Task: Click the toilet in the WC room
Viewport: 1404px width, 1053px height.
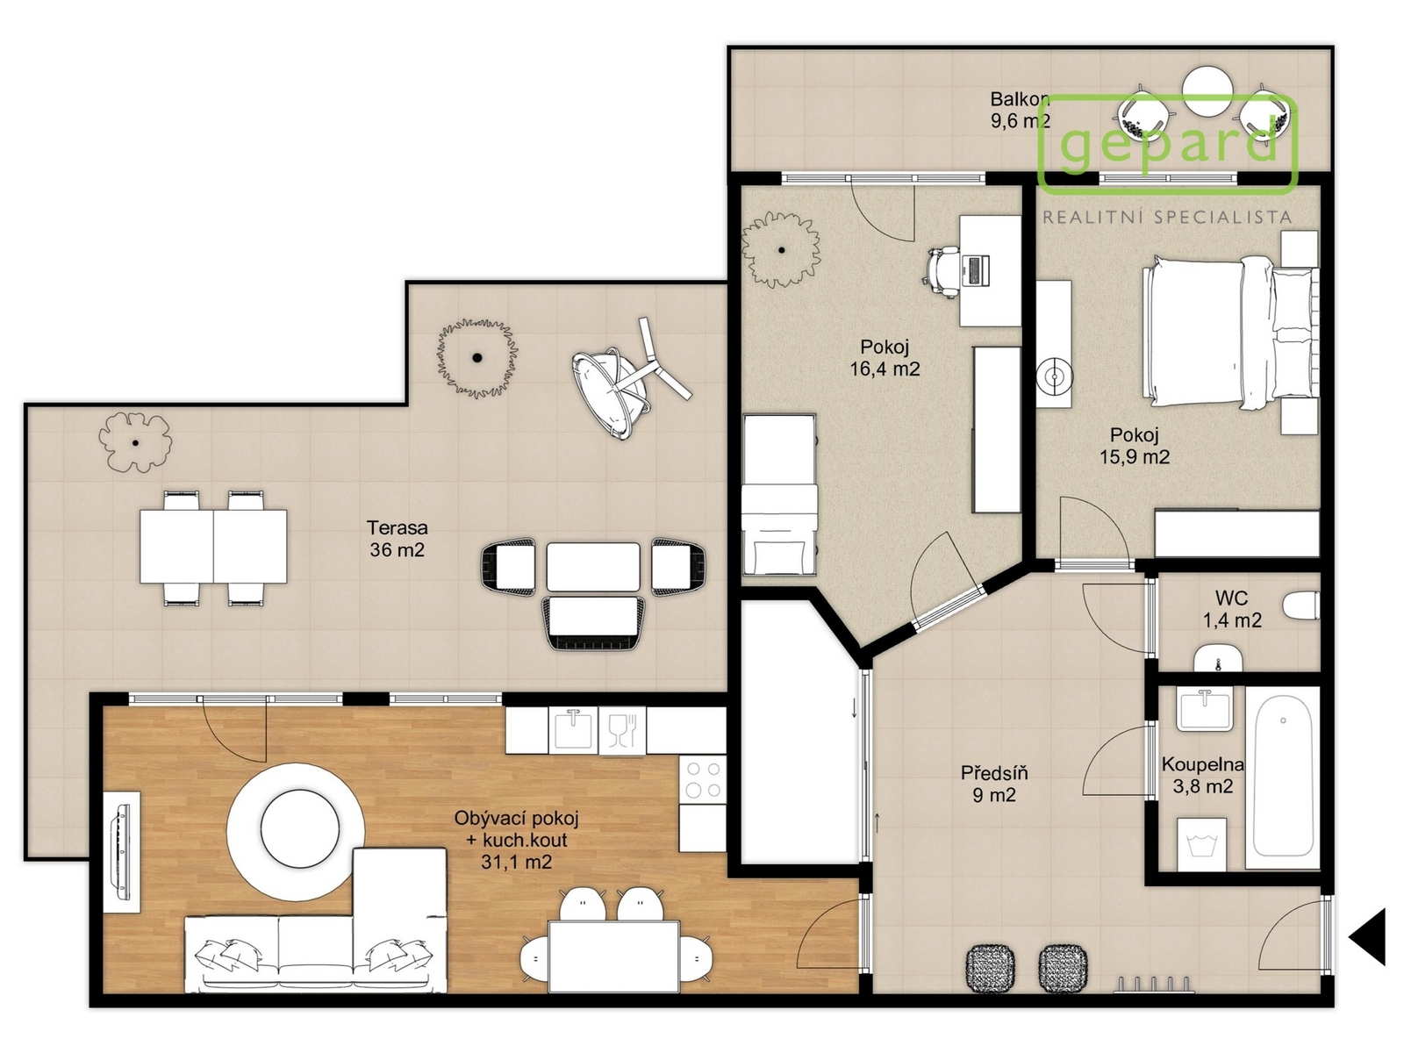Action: pyautogui.click(x=1300, y=605)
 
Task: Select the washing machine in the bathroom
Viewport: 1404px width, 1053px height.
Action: pyautogui.click(x=1202, y=844)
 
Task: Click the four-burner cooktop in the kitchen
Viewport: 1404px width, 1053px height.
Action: pyautogui.click(x=702, y=779)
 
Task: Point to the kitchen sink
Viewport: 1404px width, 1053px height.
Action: pyautogui.click(x=573, y=729)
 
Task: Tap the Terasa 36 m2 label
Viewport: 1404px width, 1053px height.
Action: pyautogui.click(x=398, y=538)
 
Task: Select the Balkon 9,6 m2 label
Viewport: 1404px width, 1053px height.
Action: pyautogui.click(x=1020, y=110)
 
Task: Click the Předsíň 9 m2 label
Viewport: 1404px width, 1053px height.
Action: pyautogui.click(x=994, y=784)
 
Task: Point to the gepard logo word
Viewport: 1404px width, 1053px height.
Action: pyautogui.click(x=1169, y=143)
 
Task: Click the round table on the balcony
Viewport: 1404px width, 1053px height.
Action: pyautogui.click(x=1207, y=92)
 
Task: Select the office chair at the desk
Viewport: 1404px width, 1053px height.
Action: pyautogui.click(x=942, y=272)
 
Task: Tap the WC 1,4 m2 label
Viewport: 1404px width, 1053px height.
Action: pyautogui.click(x=1232, y=609)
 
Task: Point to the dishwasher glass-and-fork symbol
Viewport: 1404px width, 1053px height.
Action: pyautogui.click(x=622, y=729)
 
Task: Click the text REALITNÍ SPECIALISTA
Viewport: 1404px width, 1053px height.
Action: pyautogui.click(x=1167, y=218)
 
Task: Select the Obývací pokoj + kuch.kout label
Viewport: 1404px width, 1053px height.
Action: pyautogui.click(x=516, y=840)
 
